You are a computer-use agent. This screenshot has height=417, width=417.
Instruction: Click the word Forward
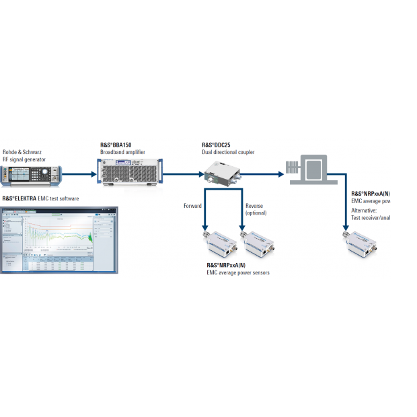[192, 206]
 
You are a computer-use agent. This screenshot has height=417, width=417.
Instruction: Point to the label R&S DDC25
[217, 145]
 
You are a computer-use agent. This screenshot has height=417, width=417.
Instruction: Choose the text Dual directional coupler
[229, 153]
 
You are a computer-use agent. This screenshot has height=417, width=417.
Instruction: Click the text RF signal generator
[25, 159]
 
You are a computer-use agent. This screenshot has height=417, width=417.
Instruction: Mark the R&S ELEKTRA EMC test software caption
[41, 199]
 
